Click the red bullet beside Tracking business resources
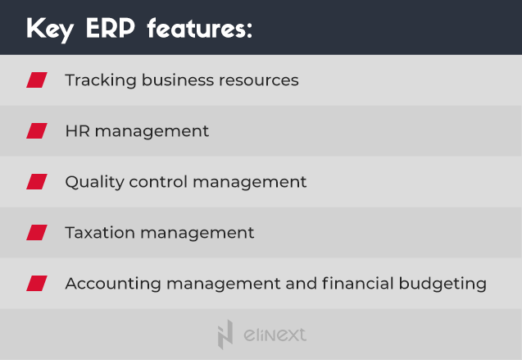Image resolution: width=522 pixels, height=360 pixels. click(37, 80)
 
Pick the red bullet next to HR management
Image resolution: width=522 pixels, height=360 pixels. click(37, 131)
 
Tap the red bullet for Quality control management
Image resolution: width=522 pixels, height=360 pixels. click(37, 182)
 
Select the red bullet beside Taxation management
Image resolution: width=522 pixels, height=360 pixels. click(37, 233)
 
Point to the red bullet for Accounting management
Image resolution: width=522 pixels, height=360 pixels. click(37, 284)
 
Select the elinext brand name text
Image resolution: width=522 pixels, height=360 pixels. click(275, 335)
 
